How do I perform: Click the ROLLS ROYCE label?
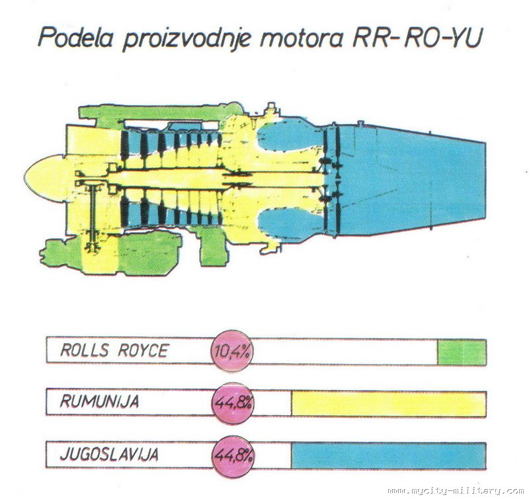(x=114, y=351)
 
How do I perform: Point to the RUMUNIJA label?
(x=100, y=402)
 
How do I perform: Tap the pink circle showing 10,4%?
(x=232, y=351)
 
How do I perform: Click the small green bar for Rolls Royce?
(x=462, y=352)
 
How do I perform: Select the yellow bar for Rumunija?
(x=388, y=403)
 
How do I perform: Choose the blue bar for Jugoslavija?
(x=388, y=455)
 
